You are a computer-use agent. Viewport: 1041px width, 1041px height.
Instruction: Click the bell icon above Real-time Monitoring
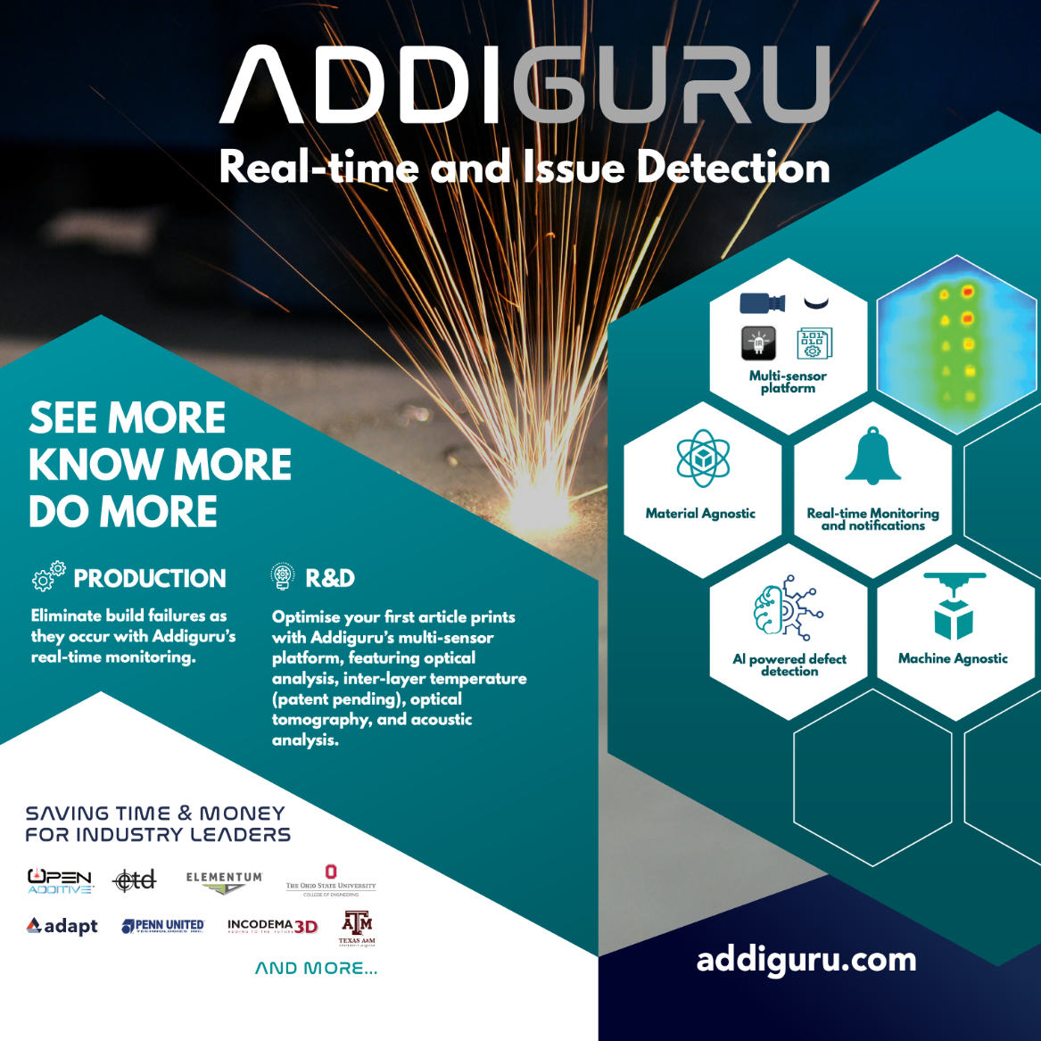click(x=872, y=456)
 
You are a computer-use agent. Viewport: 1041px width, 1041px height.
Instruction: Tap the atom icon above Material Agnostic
click(x=703, y=458)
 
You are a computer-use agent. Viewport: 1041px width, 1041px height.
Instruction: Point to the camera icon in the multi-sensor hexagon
click(x=762, y=303)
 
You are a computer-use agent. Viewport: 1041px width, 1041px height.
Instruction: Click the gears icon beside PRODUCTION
click(x=48, y=576)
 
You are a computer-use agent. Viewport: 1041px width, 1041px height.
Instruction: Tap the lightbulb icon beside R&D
click(x=283, y=576)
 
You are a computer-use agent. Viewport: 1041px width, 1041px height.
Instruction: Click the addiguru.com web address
click(x=806, y=960)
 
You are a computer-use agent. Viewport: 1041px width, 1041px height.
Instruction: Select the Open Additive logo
click(x=60, y=881)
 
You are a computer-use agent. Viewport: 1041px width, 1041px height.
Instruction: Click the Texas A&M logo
click(x=357, y=927)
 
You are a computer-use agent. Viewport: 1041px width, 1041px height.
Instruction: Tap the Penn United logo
click(x=163, y=926)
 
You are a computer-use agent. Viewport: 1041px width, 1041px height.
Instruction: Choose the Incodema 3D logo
click(x=272, y=926)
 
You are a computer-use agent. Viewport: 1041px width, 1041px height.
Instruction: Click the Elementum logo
click(x=224, y=881)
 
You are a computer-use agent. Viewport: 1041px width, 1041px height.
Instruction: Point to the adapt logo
click(x=62, y=926)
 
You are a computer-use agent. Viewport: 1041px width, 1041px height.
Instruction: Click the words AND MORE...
click(x=316, y=969)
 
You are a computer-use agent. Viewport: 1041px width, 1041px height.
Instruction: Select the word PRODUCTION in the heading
click(x=150, y=579)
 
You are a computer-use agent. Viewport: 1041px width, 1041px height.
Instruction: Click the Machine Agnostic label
click(x=953, y=658)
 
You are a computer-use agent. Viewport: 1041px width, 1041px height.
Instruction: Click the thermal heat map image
click(x=956, y=343)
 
